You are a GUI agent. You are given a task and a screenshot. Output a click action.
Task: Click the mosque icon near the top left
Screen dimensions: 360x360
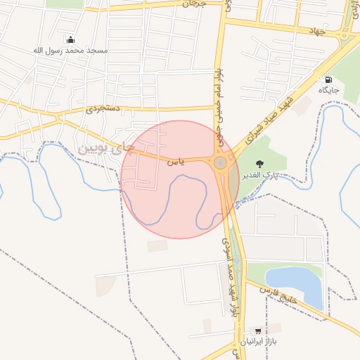coord(70,39)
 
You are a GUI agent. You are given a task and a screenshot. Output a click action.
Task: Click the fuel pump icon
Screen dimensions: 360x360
coord(328,79)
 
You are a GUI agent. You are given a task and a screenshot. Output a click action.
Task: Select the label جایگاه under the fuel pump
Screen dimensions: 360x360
coord(328,91)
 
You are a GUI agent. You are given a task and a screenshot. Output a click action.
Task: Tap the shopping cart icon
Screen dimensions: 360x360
coord(259,330)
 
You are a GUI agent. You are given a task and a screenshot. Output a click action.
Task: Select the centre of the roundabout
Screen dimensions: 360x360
coord(221,163)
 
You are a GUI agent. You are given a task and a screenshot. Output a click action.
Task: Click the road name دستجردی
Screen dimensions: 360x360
coord(104,110)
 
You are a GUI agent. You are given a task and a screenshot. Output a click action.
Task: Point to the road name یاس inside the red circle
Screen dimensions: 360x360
coord(176,162)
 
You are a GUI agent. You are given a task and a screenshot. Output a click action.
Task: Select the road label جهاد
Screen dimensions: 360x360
coord(316,31)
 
